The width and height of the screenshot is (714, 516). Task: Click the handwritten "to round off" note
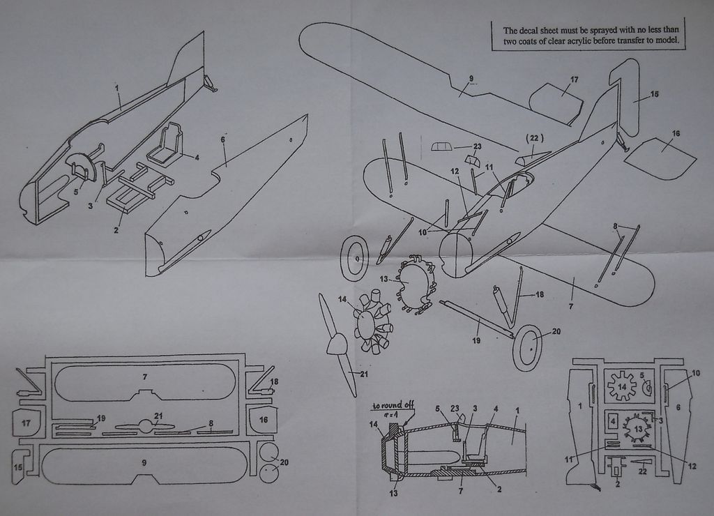tap(392, 405)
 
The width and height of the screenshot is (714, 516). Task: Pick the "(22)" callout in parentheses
tap(534, 138)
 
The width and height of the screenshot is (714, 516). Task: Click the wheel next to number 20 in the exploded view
tap(527, 347)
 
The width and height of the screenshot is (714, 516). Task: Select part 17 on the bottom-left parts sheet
tap(26, 423)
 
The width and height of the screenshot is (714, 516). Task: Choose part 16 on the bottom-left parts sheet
tap(263, 420)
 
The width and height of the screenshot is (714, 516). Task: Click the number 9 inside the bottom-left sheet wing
tap(144, 462)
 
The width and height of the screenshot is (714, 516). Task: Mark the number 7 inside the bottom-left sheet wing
tap(144, 377)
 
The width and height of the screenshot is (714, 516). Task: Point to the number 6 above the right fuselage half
tap(222, 139)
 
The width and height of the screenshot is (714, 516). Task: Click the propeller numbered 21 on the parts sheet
tap(145, 426)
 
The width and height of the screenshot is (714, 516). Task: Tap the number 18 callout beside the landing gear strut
tap(538, 294)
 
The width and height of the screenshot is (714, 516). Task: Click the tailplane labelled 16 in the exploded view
tap(659, 158)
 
